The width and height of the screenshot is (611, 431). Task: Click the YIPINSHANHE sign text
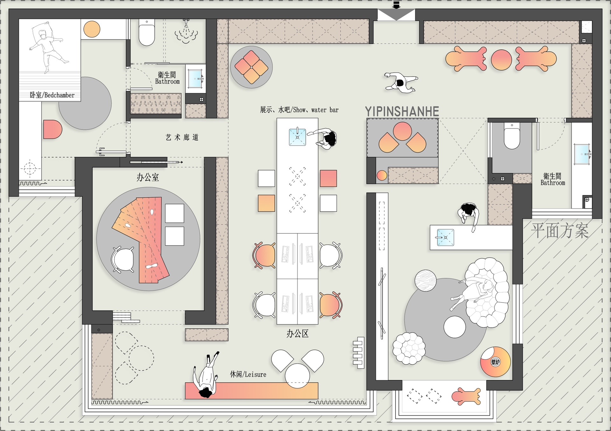coord(402,111)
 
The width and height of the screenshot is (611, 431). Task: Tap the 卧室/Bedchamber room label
coord(52,95)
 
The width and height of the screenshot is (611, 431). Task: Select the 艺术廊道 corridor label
coord(182,137)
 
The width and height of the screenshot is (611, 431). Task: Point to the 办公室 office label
coord(148,177)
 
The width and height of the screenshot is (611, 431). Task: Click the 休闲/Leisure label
coord(248,374)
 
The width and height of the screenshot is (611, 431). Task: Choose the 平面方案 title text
coord(560,230)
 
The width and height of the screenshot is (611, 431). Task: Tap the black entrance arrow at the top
coord(396,5)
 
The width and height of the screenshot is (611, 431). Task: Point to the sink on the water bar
coord(298,137)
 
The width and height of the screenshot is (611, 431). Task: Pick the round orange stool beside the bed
coord(92,29)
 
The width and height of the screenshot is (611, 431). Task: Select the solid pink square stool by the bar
coord(328,178)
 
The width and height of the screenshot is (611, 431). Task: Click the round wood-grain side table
coord(425,281)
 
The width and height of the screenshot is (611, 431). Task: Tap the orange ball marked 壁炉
coord(495,362)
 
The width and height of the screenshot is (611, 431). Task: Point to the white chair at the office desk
coord(123,259)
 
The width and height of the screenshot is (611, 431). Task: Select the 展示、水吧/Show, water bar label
coord(299,110)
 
